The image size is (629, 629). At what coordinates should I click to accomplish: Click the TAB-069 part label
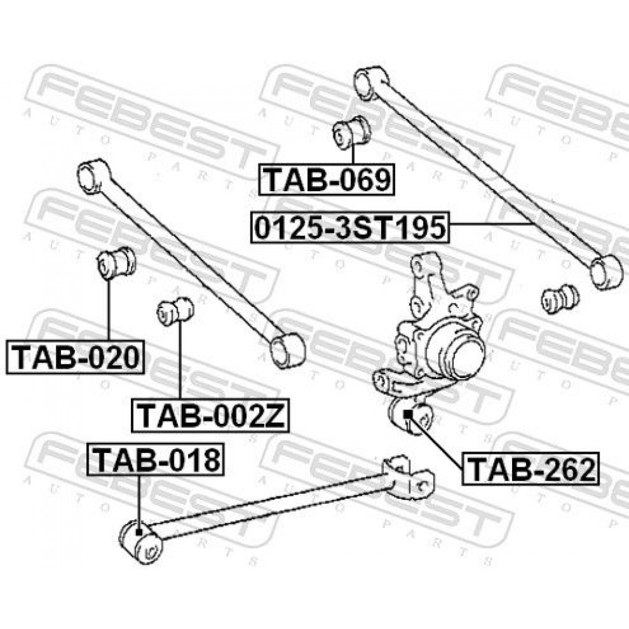(x=326, y=179)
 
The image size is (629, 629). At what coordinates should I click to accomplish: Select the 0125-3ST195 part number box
(x=350, y=227)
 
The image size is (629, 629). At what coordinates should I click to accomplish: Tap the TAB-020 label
(x=75, y=357)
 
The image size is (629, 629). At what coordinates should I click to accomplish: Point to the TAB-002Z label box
(x=210, y=416)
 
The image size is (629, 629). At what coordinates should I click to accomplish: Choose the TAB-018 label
(x=155, y=459)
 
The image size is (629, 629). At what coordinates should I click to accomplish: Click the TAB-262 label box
(x=530, y=469)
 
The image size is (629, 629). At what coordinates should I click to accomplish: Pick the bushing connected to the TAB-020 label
(x=116, y=263)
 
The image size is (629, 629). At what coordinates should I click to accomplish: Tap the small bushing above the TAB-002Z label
(x=175, y=311)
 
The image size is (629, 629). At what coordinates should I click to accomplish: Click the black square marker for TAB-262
(x=408, y=414)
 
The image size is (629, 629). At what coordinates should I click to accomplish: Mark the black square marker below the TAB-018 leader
(x=139, y=532)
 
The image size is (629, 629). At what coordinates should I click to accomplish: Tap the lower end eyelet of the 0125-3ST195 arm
(x=607, y=271)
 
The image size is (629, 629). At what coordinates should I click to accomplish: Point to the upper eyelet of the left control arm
(x=94, y=177)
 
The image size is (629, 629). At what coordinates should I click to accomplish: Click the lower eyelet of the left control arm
(x=287, y=350)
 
